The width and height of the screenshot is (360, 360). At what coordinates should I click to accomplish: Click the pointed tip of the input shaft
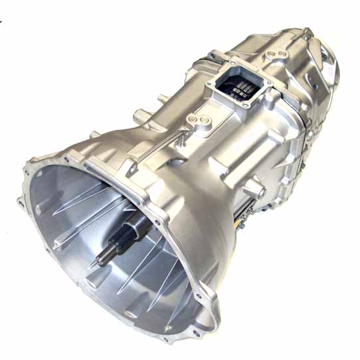[100, 260]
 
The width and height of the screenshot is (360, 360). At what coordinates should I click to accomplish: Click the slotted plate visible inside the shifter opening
[243, 88]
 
